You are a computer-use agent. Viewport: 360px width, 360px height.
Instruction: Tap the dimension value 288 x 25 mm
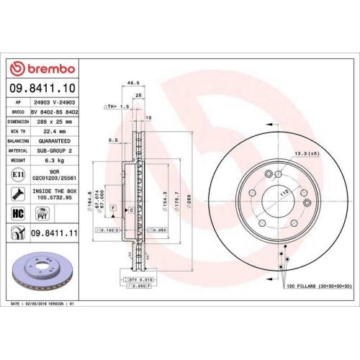(x=55, y=122)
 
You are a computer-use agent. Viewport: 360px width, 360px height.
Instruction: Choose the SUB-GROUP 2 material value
(x=55, y=150)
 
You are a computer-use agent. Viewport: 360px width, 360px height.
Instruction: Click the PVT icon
(x=42, y=213)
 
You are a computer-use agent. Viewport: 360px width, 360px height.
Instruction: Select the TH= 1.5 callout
(x=119, y=105)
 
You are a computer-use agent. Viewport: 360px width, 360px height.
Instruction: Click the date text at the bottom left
(x=42, y=305)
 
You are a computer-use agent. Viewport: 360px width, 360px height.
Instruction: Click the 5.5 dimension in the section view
(x=112, y=140)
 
